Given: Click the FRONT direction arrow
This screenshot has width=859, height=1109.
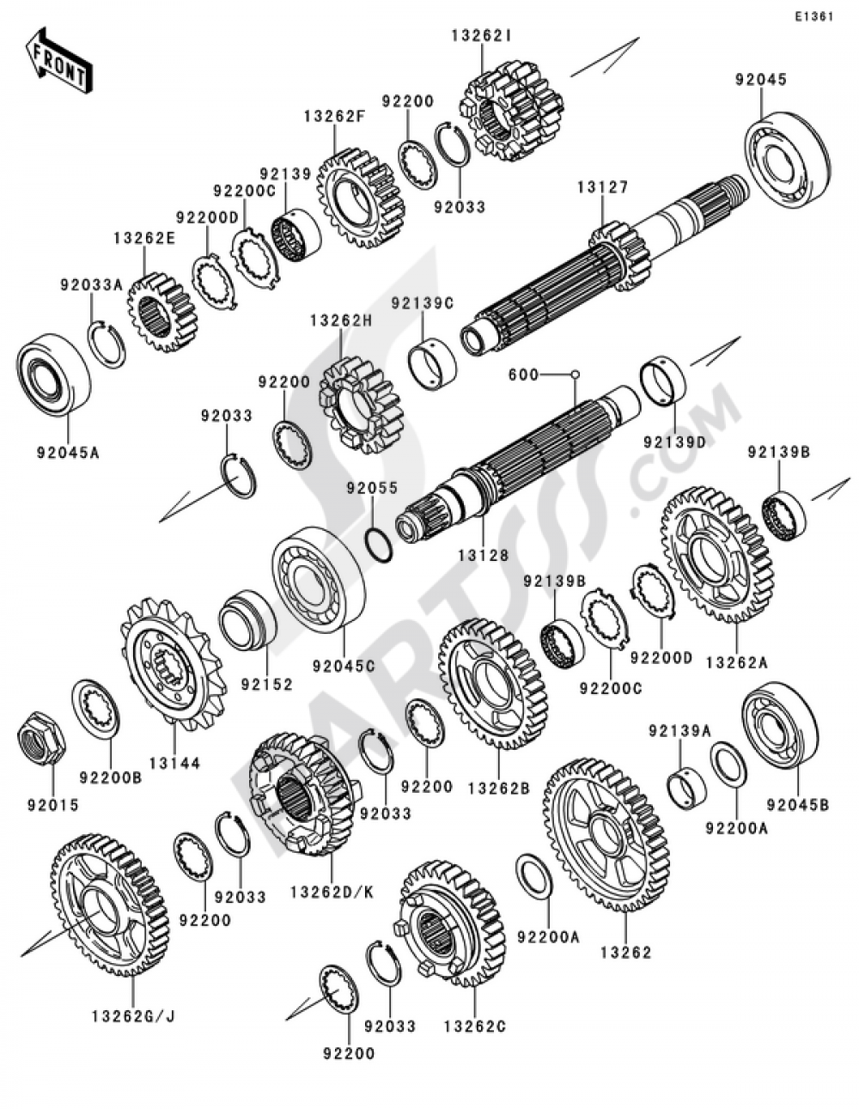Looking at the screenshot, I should (x=58, y=62).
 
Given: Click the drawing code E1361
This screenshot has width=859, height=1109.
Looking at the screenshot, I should (x=813, y=16).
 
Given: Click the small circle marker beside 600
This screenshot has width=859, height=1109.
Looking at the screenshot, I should (x=575, y=375).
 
